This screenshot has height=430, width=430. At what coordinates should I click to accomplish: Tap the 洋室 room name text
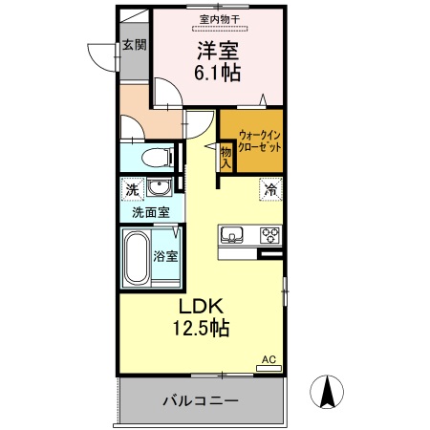219,48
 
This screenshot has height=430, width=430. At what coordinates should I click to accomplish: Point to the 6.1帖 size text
219,72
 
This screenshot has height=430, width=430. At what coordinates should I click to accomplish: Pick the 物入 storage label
226,156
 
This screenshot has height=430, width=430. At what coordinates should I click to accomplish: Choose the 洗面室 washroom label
150,212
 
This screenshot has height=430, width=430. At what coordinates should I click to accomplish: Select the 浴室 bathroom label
166,255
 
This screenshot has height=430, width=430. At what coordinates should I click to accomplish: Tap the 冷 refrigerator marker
271,189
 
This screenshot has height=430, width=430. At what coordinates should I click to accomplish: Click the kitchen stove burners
269,233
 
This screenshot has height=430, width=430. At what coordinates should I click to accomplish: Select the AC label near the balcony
269,359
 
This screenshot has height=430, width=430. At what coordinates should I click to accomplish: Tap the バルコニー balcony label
199,399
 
